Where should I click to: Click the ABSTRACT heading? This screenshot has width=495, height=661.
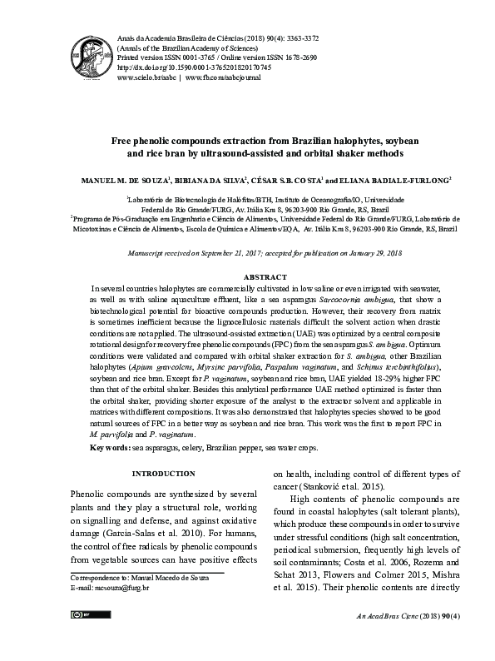point(265,276)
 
